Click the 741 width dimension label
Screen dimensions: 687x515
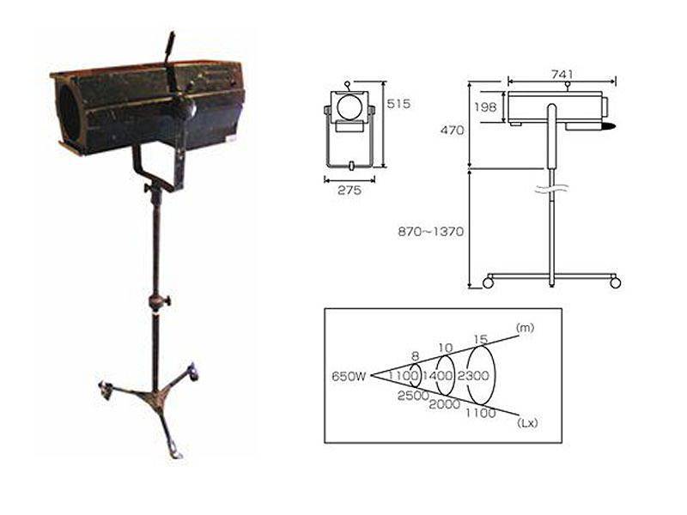coord(562,75)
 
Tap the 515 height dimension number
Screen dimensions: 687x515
coord(398,104)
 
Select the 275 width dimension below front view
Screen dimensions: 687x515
coord(350,190)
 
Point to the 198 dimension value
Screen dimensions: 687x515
coord(485,106)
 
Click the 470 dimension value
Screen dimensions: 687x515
coord(453,130)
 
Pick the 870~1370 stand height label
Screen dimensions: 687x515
coord(430,231)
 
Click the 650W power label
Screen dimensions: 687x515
coord(349,376)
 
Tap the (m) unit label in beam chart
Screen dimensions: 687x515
coord(526,328)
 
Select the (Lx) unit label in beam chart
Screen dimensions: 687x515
coord(527,423)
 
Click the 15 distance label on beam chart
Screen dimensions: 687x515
coord(481,339)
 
